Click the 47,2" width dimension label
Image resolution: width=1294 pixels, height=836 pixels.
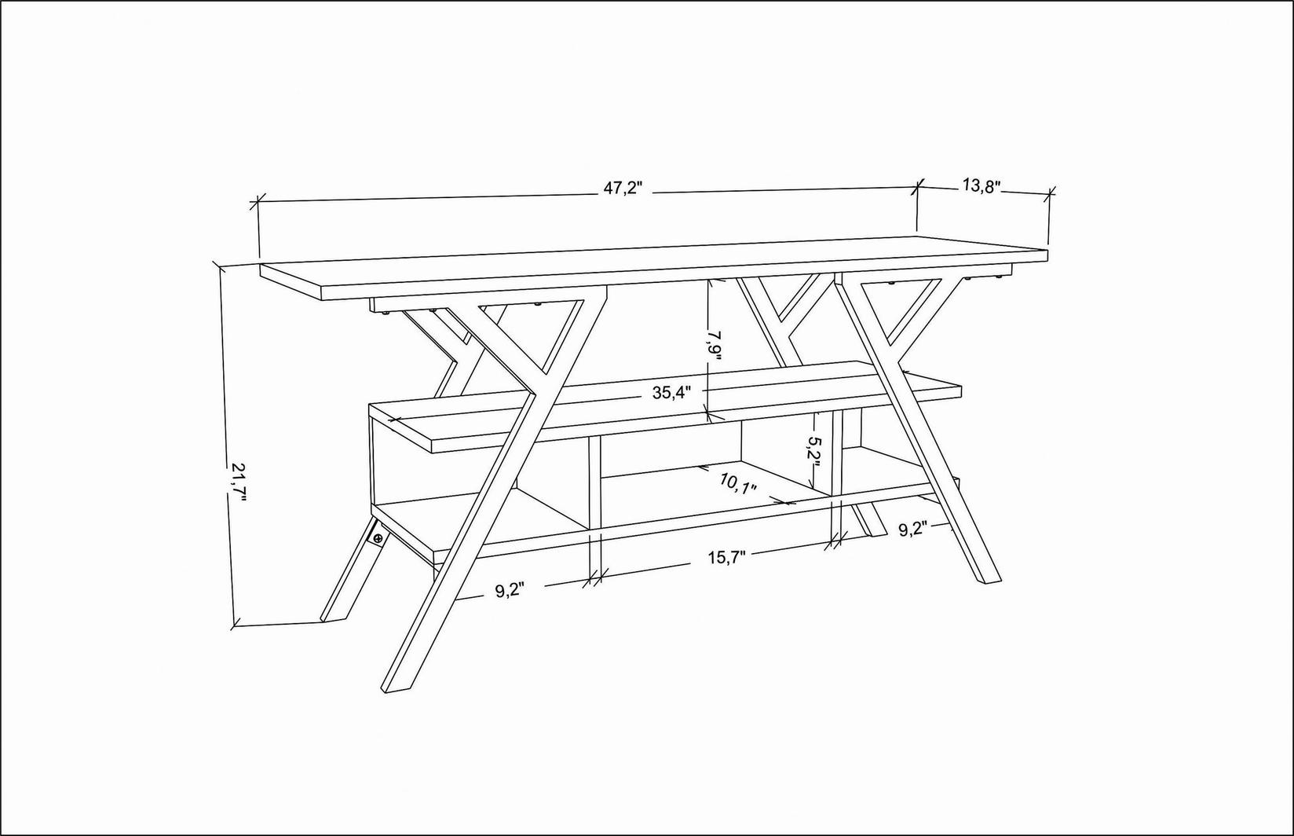click(623, 189)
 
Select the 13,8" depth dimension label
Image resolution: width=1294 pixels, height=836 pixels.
click(981, 186)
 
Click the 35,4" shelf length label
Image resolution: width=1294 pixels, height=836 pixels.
click(671, 394)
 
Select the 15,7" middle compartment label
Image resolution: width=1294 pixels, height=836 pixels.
click(726, 557)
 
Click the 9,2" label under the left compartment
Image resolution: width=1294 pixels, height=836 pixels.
click(509, 591)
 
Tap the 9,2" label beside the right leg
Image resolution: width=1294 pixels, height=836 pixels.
click(913, 529)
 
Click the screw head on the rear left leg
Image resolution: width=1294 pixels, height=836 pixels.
click(378, 538)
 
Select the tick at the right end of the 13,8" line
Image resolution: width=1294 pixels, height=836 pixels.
click(1051, 192)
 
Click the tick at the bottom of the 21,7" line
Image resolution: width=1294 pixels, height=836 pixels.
click(234, 625)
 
